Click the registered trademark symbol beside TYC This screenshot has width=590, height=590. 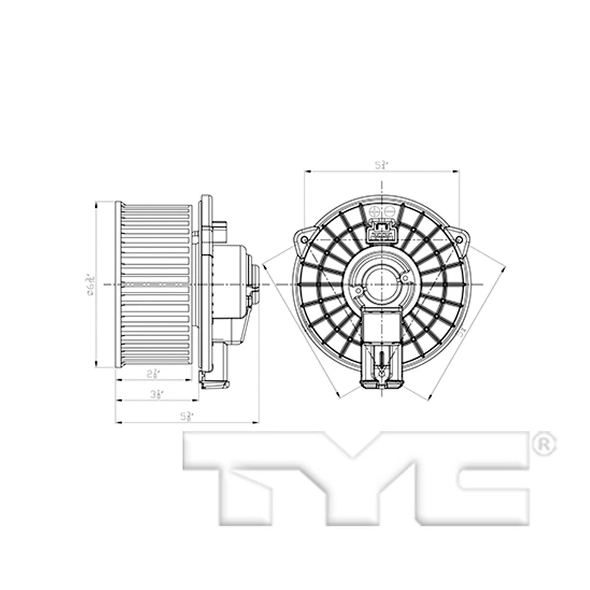pos(543,444)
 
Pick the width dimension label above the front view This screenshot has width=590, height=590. pos(382,165)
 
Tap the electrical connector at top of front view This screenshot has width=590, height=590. pos(381,234)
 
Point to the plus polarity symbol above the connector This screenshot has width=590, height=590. pos(373,212)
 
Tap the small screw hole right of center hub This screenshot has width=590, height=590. pos(405,278)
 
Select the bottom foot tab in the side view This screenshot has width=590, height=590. pos(214,384)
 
